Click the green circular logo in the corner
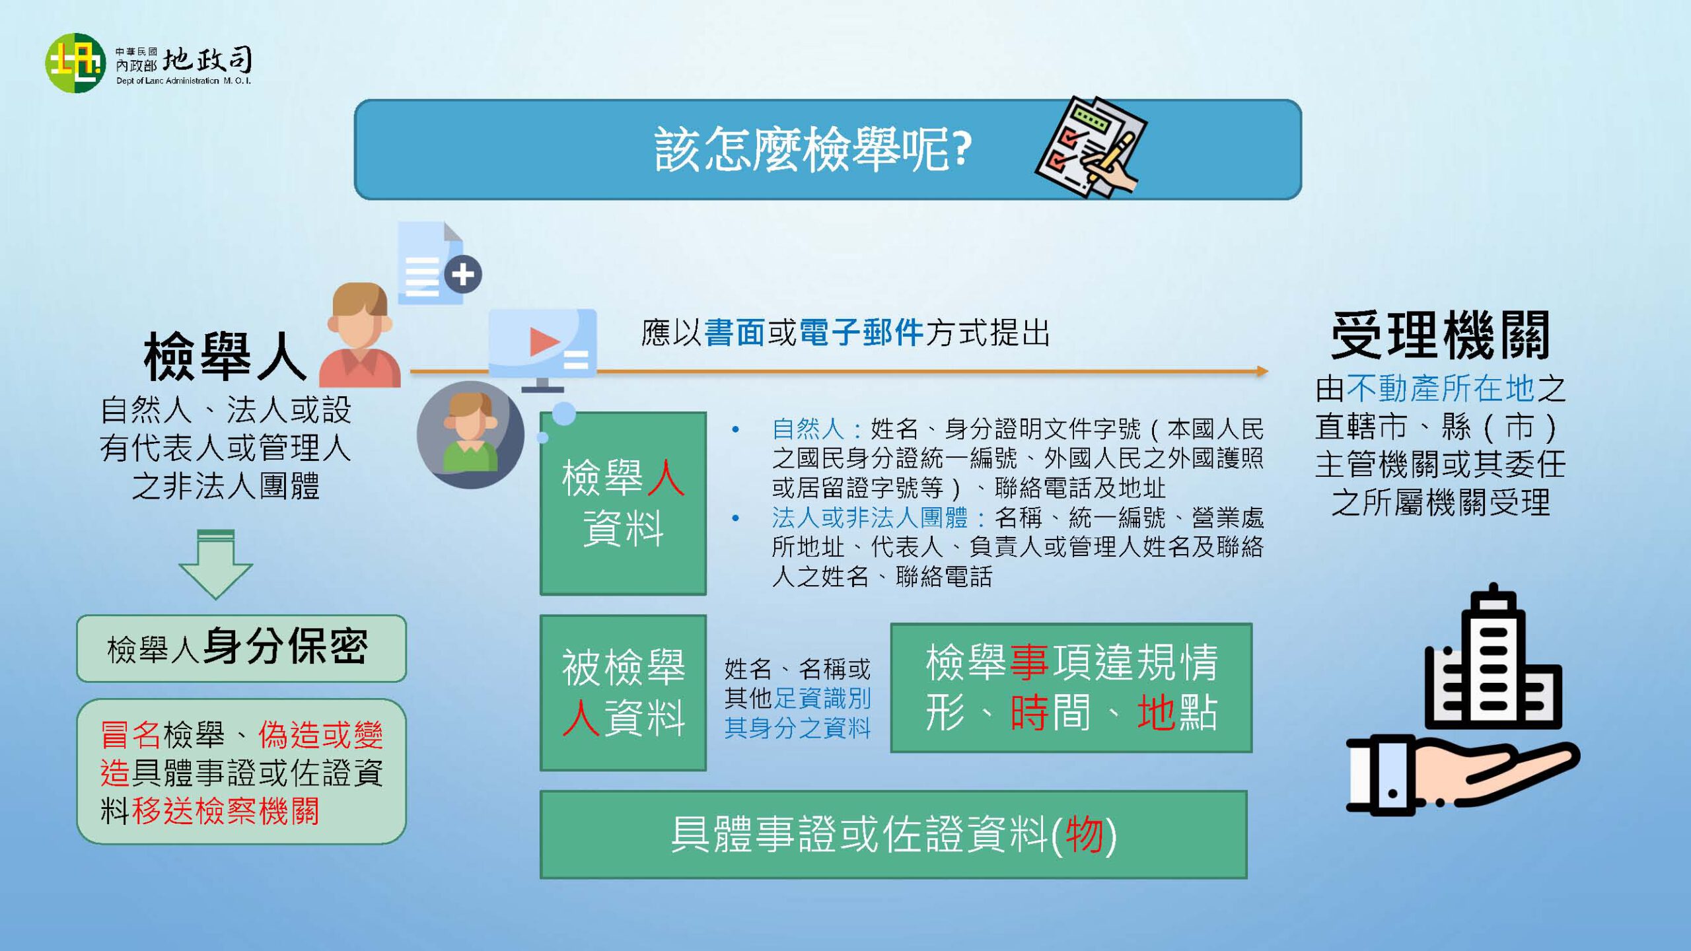[x=75, y=63]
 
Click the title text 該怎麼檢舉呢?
[x=812, y=149]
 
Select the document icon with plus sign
[x=439, y=263]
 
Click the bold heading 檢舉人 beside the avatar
[x=225, y=357]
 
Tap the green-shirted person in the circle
[x=470, y=435]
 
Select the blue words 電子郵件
[x=861, y=332]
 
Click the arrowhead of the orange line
[x=1262, y=371]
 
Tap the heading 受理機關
[x=1440, y=335]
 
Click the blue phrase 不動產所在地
[x=1441, y=388]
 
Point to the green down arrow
[x=216, y=564]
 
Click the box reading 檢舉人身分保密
[x=241, y=649]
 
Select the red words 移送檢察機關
[x=226, y=811]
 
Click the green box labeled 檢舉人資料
[x=623, y=503]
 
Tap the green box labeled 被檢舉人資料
[x=623, y=693]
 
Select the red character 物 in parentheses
[x=1084, y=834]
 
